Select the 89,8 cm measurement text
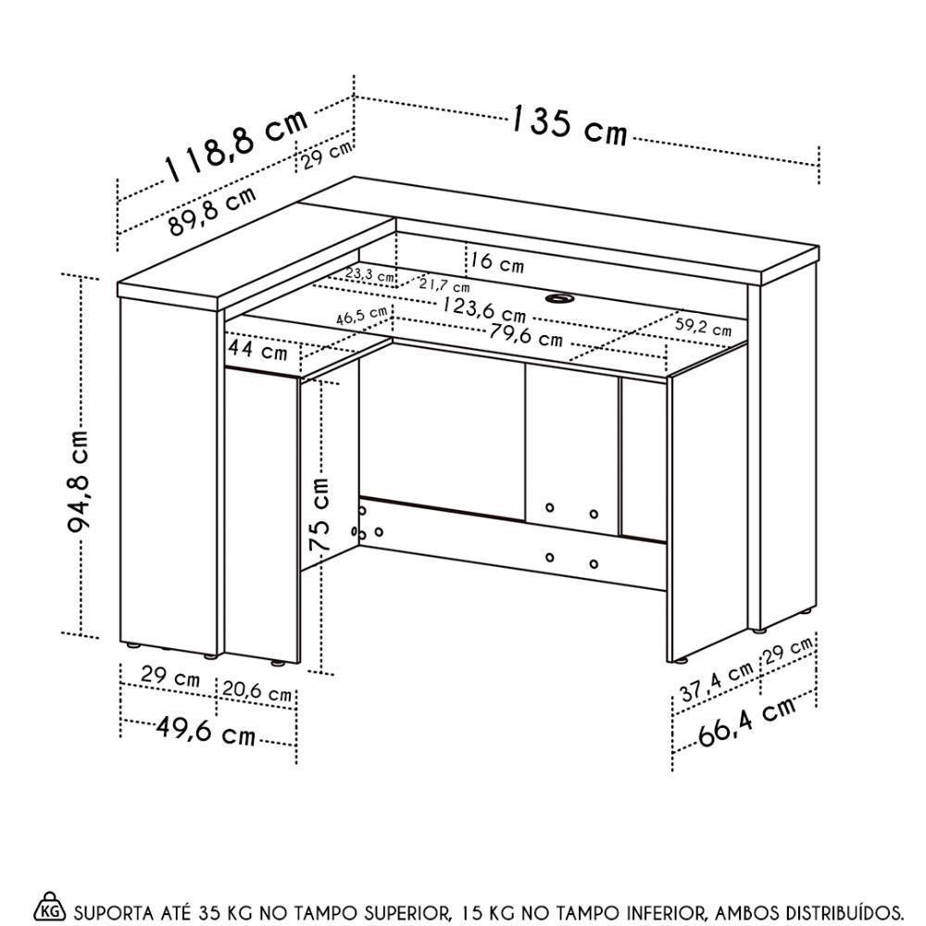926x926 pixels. pyautogui.click(x=212, y=214)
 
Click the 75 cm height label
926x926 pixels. pyautogui.click(x=320, y=516)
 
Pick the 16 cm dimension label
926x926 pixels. pyautogui.click(x=496, y=262)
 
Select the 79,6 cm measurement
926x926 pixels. pyautogui.click(x=525, y=334)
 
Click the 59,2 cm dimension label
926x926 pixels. pyautogui.click(x=703, y=326)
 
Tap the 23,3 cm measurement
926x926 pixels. pyautogui.click(x=369, y=275)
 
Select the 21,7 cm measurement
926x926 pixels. pyautogui.click(x=444, y=284)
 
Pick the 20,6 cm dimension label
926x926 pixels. pyautogui.click(x=257, y=693)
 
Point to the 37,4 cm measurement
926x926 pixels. pyautogui.click(x=716, y=682)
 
